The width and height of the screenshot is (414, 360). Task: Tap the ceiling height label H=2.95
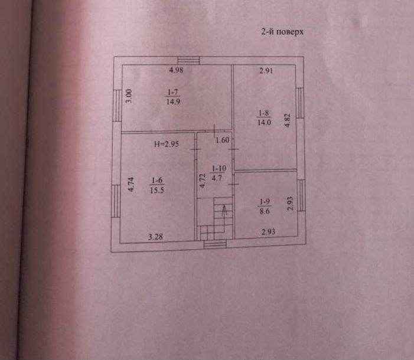(165, 143)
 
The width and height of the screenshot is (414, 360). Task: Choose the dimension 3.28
(155, 237)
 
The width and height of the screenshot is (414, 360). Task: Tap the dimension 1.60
(222, 140)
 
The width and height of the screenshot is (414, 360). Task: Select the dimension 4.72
(202, 181)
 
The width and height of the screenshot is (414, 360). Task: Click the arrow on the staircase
(223, 209)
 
